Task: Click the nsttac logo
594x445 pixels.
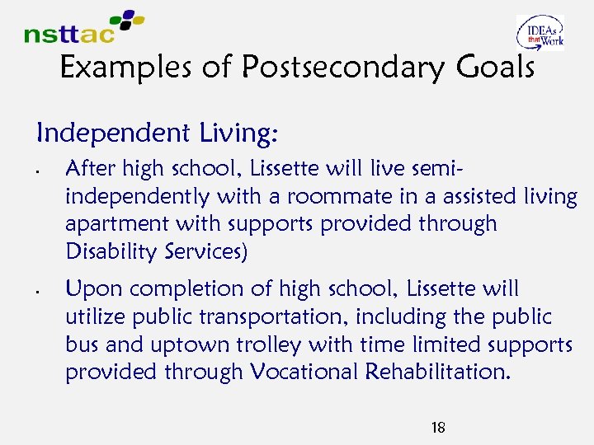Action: (x=82, y=27)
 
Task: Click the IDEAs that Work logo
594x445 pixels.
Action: (x=540, y=33)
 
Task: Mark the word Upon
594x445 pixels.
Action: (x=89, y=289)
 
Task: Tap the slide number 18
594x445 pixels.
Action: (x=438, y=427)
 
